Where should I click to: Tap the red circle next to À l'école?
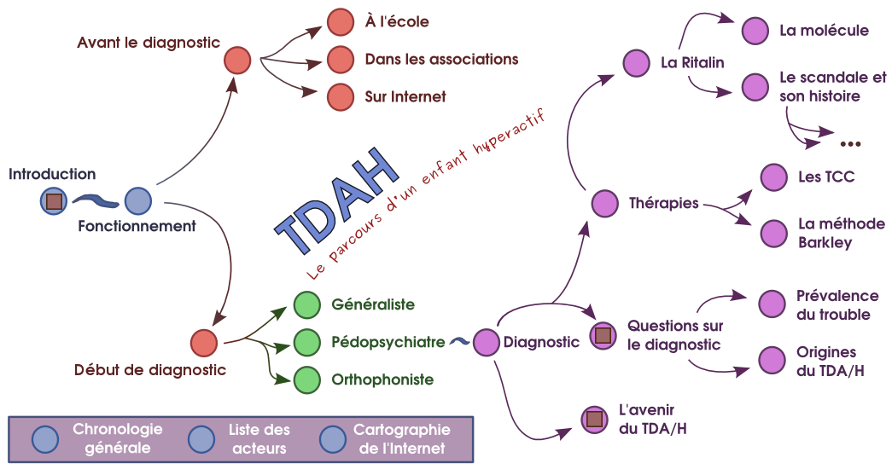(341, 21)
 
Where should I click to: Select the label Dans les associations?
(441, 60)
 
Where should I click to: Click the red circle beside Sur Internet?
(341, 96)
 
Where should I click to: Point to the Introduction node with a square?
(54, 202)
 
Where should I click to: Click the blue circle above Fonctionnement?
(137, 202)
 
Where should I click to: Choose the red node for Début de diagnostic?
(204, 343)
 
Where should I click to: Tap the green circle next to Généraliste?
(306, 305)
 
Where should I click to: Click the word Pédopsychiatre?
(388, 343)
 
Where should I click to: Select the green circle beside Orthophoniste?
(306, 380)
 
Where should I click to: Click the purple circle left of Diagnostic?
(486, 343)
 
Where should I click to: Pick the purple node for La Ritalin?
(636, 63)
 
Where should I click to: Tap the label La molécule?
(824, 32)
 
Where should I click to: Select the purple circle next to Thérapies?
(604, 204)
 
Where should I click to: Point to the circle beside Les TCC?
(773, 177)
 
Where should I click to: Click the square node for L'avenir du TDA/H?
(593, 419)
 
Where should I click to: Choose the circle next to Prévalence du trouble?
(772, 304)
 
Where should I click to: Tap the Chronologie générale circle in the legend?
(44, 438)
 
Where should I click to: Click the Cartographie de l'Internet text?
(399, 438)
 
